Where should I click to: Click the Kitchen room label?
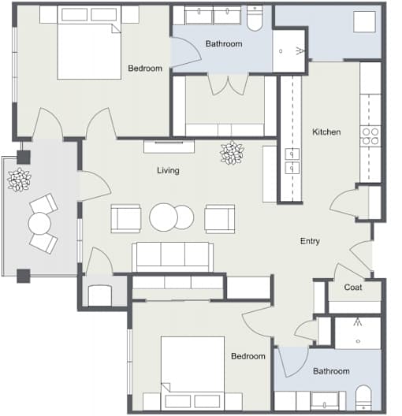pos(326,132)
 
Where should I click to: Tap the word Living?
pos(168,170)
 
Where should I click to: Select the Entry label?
pos(310,241)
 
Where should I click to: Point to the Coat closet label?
pos(353,287)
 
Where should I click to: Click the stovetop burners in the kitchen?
pos(370,136)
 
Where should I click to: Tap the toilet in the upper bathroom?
pos(255,18)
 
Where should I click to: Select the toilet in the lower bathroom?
pos(363,398)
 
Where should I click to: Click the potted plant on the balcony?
pos(19,180)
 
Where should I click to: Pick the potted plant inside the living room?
pos(232,153)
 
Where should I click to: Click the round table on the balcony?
pos(39,224)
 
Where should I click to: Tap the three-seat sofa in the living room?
pos(173,257)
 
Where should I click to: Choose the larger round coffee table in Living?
pos(163,217)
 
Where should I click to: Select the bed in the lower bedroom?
pos(192,373)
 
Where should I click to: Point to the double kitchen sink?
pos(292,161)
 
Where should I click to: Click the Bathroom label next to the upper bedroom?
pos(224,44)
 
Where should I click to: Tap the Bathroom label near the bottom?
pos(331,371)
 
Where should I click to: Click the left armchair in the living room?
pos(126,218)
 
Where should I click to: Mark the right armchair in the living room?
pos(220,218)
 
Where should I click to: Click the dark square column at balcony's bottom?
pos(24,276)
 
